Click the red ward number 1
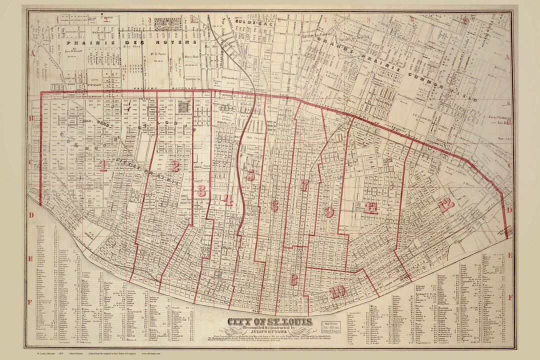[102, 165]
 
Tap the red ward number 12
[445, 204]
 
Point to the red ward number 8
[294, 279]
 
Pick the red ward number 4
[228, 200]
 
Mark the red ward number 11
[370, 208]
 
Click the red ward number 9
[328, 211]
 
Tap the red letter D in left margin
[30, 215]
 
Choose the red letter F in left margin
[30, 302]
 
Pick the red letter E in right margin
[510, 255]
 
